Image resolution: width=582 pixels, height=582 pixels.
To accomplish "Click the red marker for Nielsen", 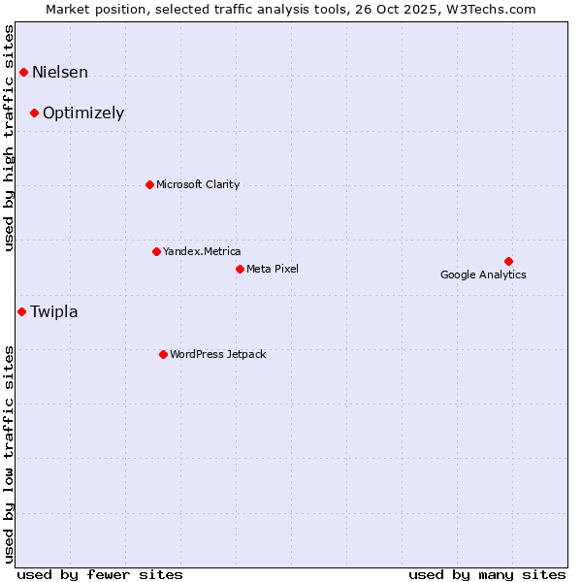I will [x=23, y=72].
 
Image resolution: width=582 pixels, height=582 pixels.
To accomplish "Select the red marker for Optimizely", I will [x=34, y=113].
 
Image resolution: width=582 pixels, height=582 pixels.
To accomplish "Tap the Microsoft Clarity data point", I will [x=149, y=184].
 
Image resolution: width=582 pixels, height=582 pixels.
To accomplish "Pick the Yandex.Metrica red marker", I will [x=156, y=251].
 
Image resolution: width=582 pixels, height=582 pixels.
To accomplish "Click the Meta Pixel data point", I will [x=240, y=269].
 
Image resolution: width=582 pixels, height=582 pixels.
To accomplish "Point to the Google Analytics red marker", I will [x=508, y=261].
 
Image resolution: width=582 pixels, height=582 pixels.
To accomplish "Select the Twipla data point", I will [x=21, y=311].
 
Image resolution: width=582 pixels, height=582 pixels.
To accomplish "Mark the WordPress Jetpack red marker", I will [x=163, y=354].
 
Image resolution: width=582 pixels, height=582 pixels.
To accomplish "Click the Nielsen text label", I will [x=60, y=72].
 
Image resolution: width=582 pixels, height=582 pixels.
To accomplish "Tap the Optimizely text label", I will [x=83, y=113].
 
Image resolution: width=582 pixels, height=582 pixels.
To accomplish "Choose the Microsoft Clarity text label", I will [x=198, y=184].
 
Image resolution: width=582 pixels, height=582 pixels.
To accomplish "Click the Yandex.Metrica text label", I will [x=202, y=251].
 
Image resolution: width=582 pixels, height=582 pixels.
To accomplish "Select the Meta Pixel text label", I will [x=273, y=269].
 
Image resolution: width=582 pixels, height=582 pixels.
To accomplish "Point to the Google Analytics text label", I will [x=483, y=275].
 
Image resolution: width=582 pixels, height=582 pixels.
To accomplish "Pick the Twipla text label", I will [x=54, y=311].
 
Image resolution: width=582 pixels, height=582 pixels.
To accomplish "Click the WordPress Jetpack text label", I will [x=217, y=354].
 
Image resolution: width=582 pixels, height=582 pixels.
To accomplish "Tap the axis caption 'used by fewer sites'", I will [x=100, y=574].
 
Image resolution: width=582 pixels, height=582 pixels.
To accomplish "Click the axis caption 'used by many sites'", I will [x=487, y=574].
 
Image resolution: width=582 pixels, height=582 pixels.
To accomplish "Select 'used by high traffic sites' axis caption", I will [x=10, y=138].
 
